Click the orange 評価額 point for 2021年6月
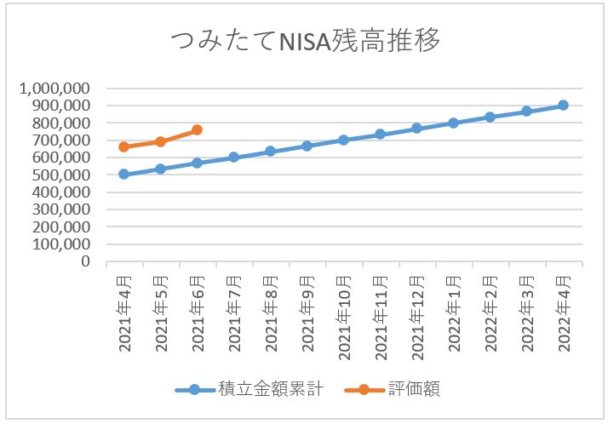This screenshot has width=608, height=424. click(x=197, y=129)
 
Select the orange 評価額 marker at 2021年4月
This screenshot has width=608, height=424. click(x=123, y=146)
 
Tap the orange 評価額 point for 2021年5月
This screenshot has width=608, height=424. click(x=160, y=141)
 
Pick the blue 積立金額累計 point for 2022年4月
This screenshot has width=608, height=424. click(x=563, y=105)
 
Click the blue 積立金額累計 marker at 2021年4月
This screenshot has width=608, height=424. click(x=123, y=174)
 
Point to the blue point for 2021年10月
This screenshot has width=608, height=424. click(x=343, y=140)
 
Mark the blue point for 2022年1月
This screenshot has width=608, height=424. click(x=453, y=123)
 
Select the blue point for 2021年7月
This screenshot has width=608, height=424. click(x=233, y=157)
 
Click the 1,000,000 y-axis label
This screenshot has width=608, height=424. click(x=60, y=88)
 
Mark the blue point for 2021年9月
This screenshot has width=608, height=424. click(x=307, y=146)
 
